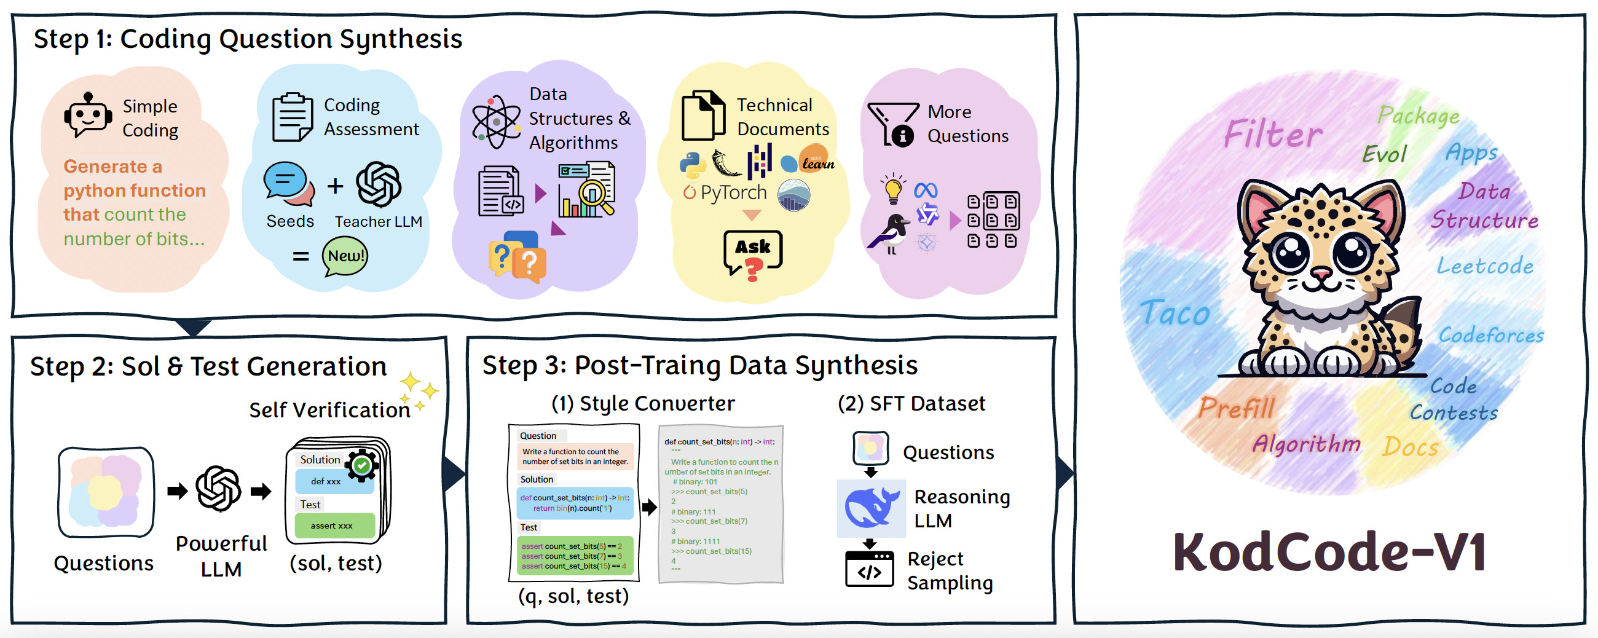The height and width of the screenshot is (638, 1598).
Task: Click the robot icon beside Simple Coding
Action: coord(88,115)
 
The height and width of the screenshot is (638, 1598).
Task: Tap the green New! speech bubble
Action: coord(345,256)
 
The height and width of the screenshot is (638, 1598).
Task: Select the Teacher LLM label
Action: coord(379,221)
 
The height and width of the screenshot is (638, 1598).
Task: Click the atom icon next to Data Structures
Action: coord(495,122)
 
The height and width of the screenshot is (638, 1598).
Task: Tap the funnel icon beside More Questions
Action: coord(892,124)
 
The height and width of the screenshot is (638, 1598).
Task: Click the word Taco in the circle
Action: coord(1175,312)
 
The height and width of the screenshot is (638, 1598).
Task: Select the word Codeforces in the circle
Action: coord(1490,335)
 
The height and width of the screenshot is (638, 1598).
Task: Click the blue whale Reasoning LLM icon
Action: coord(871,508)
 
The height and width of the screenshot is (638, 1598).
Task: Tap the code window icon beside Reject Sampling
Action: coord(869,569)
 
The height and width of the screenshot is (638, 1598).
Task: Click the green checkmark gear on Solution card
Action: coord(361,465)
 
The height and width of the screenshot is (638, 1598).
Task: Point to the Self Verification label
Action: coord(329,410)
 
